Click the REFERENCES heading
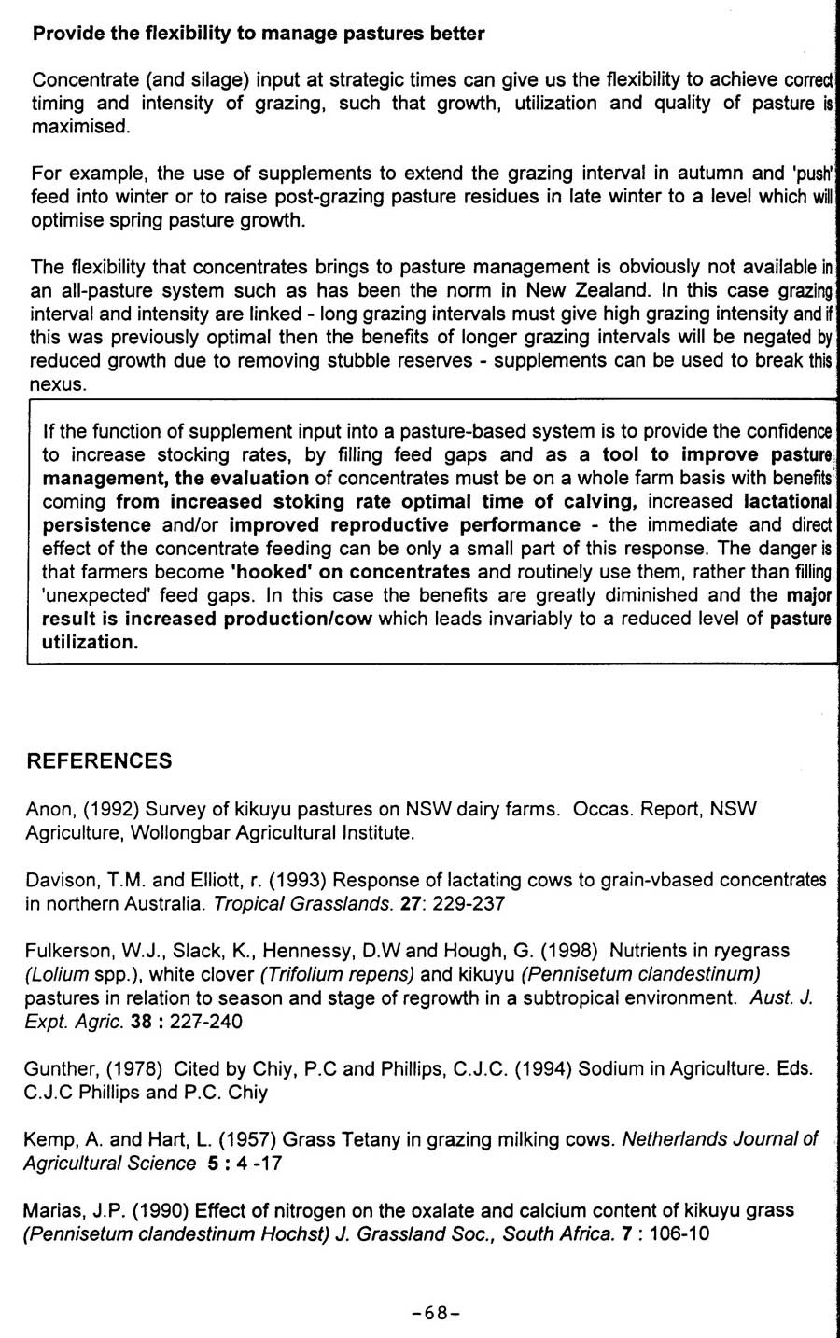tap(99, 761)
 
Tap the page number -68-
tap(437, 1313)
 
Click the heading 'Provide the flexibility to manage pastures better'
tap(259, 35)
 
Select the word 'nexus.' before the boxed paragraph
tap(58, 384)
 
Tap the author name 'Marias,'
tap(54, 1210)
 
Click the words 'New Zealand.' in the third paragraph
tap(574, 290)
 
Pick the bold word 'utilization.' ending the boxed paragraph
tap(90, 642)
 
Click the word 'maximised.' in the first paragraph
tap(79, 127)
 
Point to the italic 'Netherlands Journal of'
tap(720, 1139)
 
